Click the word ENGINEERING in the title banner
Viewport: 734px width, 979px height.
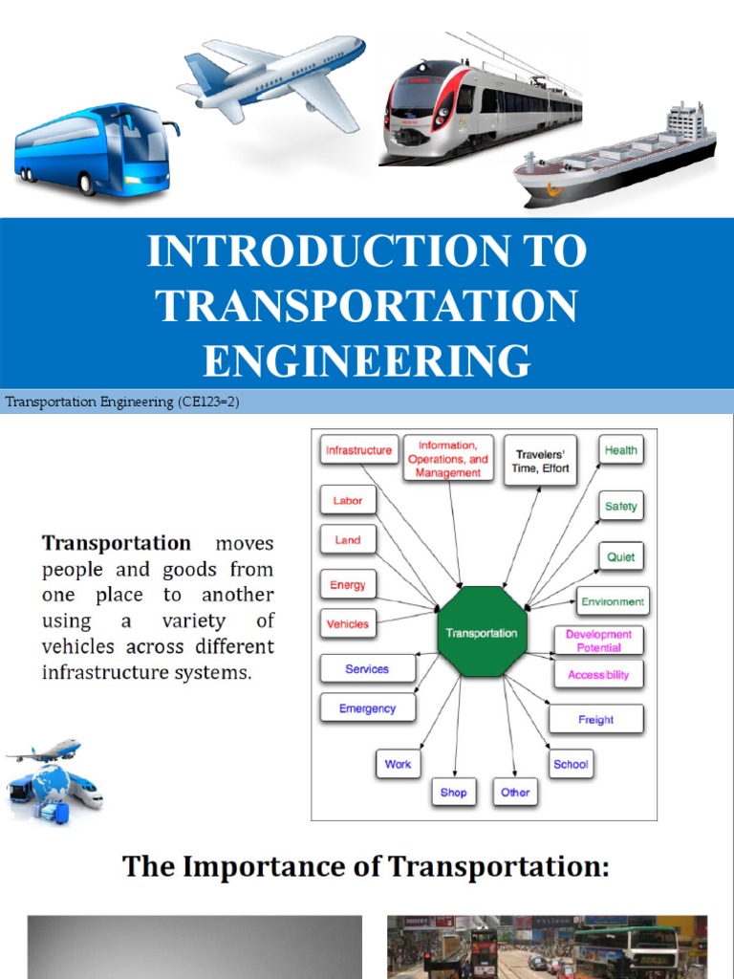pyautogui.click(x=367, y=361)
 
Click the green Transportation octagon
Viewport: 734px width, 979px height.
pyautogui.click(x=482, y=633)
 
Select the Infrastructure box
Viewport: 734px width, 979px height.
pyautogui.click(x=358, y=450)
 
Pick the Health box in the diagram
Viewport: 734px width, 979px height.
pyautogui.click(x=620, y=450)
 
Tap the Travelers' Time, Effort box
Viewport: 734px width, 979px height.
pyautogui.click(x=541, y=462)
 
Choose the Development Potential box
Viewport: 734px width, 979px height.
pyautogui.click(x=598, y=641)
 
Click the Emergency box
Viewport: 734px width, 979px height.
pyautogui.click(x=366, y=708)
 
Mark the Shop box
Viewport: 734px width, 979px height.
pyautogui.click(x=453, y=793)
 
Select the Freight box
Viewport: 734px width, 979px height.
pyautogui.click(x=595, y=719)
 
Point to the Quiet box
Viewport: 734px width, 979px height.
pyautogui.click(x=620, y=556)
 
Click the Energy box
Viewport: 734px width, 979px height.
pyautogui.click(x=347, y=585)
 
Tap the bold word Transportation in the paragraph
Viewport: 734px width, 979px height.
pyautogui.click(x=116, y=544)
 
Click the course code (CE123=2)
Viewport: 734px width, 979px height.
pyautogui.click(x=206, y=402)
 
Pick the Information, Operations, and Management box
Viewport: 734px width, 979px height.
pyautogui.click(x=448, y=459)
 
